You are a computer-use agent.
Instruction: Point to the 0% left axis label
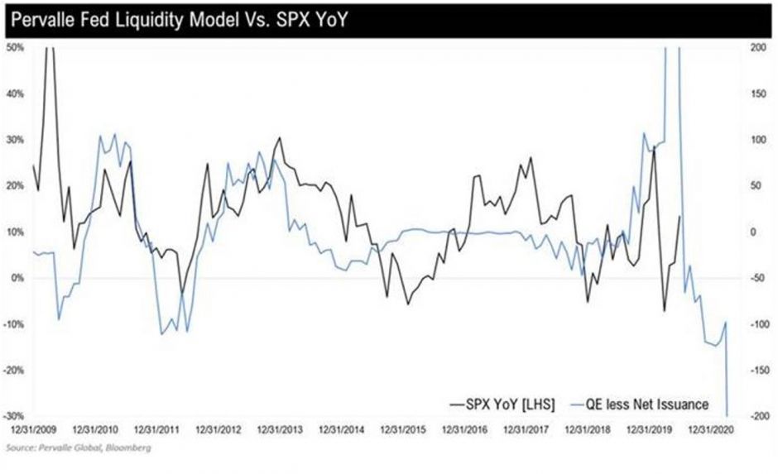click(x=15, y=278)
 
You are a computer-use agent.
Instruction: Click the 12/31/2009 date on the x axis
click(x=34, y=430)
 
